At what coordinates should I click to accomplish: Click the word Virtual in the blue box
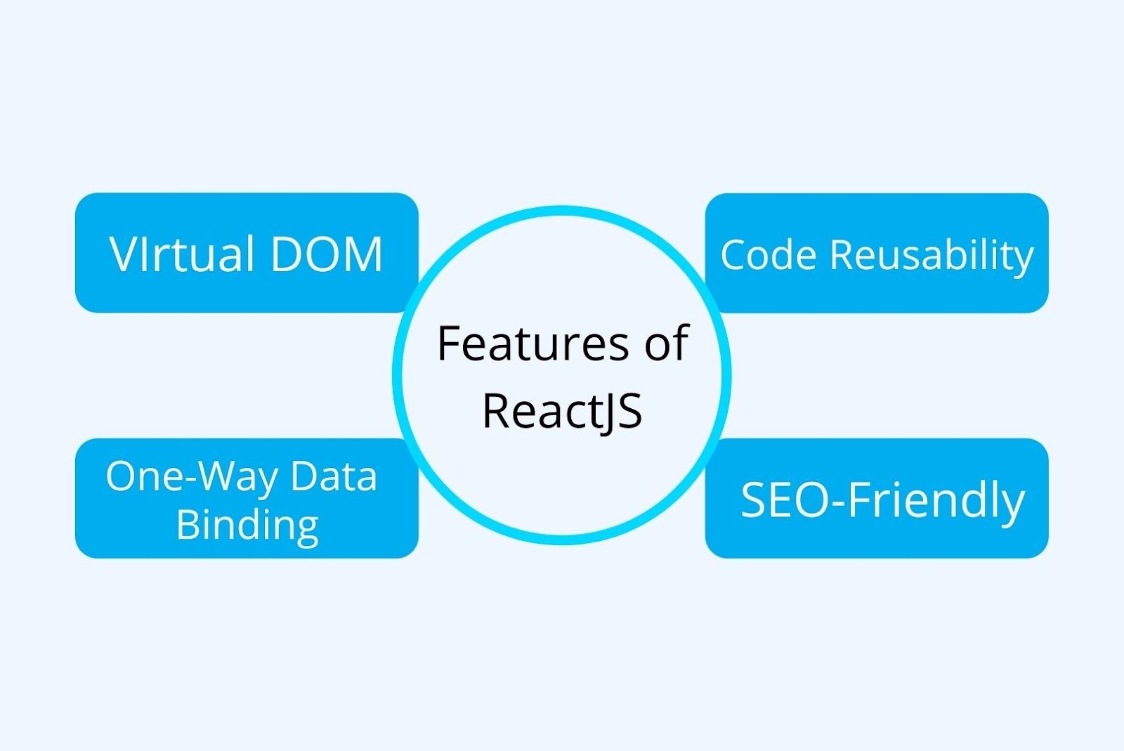[181, 254]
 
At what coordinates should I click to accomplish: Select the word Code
[769, 254]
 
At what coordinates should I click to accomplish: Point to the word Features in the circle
[532, 344]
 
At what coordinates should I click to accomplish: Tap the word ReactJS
[562, 411]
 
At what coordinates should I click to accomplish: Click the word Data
[334, 477]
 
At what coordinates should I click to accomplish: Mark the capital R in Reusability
[842, 254]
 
